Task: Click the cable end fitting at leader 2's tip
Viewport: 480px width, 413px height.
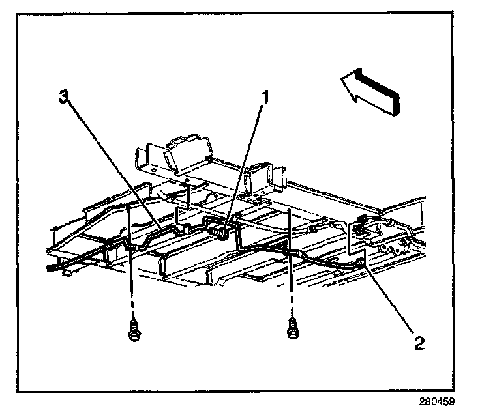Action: tap(360, 262)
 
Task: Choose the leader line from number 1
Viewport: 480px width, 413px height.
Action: tap(245, 163)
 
